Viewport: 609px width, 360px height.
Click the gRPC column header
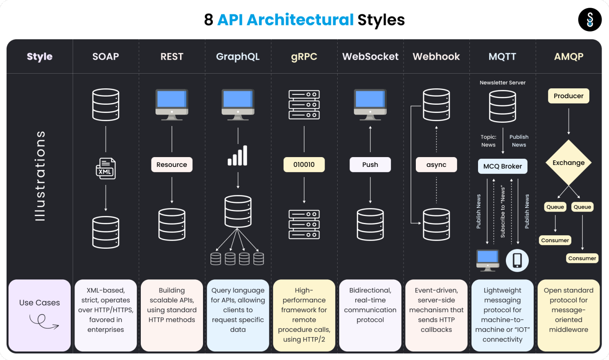(304, 56)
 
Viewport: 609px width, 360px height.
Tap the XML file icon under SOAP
(106, 169)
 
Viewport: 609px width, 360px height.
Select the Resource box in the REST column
(171, 164)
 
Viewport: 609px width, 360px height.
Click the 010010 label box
(304, 164)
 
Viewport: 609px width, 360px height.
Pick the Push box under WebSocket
(370, 164)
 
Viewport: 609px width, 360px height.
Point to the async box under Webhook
(436, 164)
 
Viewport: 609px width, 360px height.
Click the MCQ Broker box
(503, 166)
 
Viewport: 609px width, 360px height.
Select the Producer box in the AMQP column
(568, 96)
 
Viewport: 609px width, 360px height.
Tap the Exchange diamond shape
(568, 162)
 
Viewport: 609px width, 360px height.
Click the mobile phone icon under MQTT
(517, 260)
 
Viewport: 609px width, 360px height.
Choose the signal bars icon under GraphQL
(238, 156)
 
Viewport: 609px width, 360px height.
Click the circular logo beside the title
(590, 20)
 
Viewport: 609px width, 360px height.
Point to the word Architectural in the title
(285, 20)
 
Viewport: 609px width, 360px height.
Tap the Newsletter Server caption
(503, 83)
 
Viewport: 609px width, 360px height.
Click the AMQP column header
(568, 56)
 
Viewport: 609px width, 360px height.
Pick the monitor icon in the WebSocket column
(370, 104)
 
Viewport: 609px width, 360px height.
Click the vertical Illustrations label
(40, 176)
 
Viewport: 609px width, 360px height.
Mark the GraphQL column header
(238, 56)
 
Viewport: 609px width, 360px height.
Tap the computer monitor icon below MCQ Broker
(488, 259)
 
